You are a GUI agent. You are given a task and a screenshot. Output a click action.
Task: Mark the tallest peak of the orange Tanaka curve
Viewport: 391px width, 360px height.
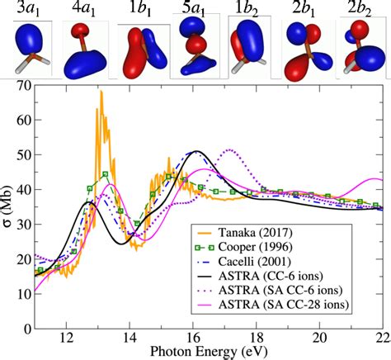[x=101, y=91]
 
